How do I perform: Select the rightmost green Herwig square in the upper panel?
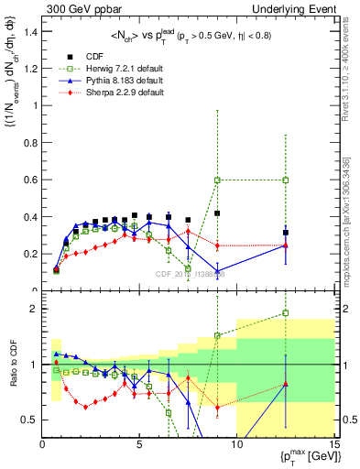click(286, 180)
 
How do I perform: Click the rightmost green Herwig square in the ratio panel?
click(286, 313)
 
